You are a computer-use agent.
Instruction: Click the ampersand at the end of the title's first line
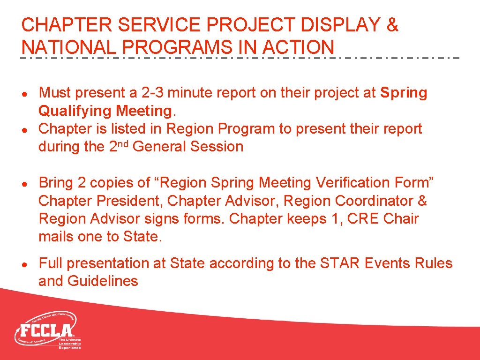[392, 25]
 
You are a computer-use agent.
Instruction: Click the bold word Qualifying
[75, 111]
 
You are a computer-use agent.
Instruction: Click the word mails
[56, 237]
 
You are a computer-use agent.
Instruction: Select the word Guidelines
[103, 281]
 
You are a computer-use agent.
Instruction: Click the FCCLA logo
[47, 330]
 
